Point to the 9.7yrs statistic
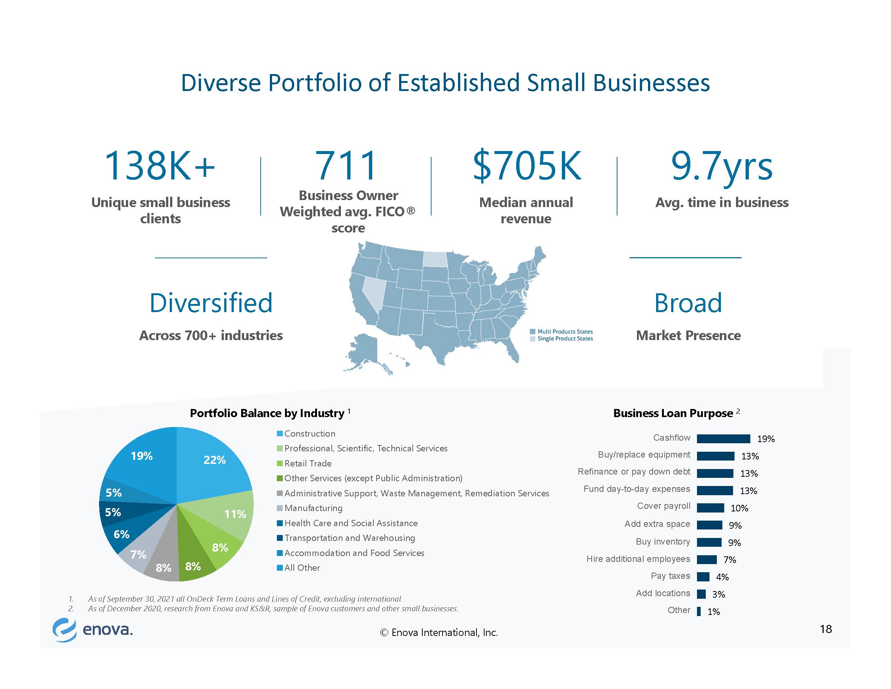coord(722,167)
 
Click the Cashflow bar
coord(723,438)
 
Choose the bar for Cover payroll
coord(710,508)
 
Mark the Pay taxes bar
coord(703,577)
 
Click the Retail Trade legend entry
coord(304,463)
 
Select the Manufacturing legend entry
coord(310,508)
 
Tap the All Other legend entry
coord(299,568)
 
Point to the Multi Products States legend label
coord(565,332)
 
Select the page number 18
coord(826,629)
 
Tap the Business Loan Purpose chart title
coord(673,413)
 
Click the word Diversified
coord(211,302)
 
